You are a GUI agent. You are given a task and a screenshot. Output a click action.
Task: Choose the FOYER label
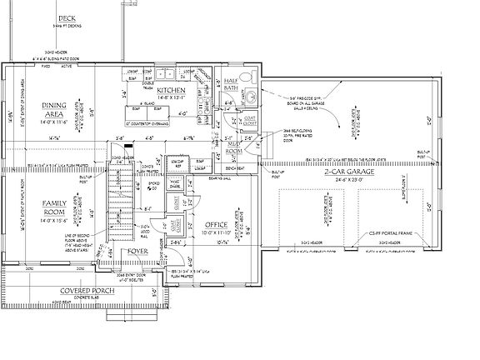(137, 251)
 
